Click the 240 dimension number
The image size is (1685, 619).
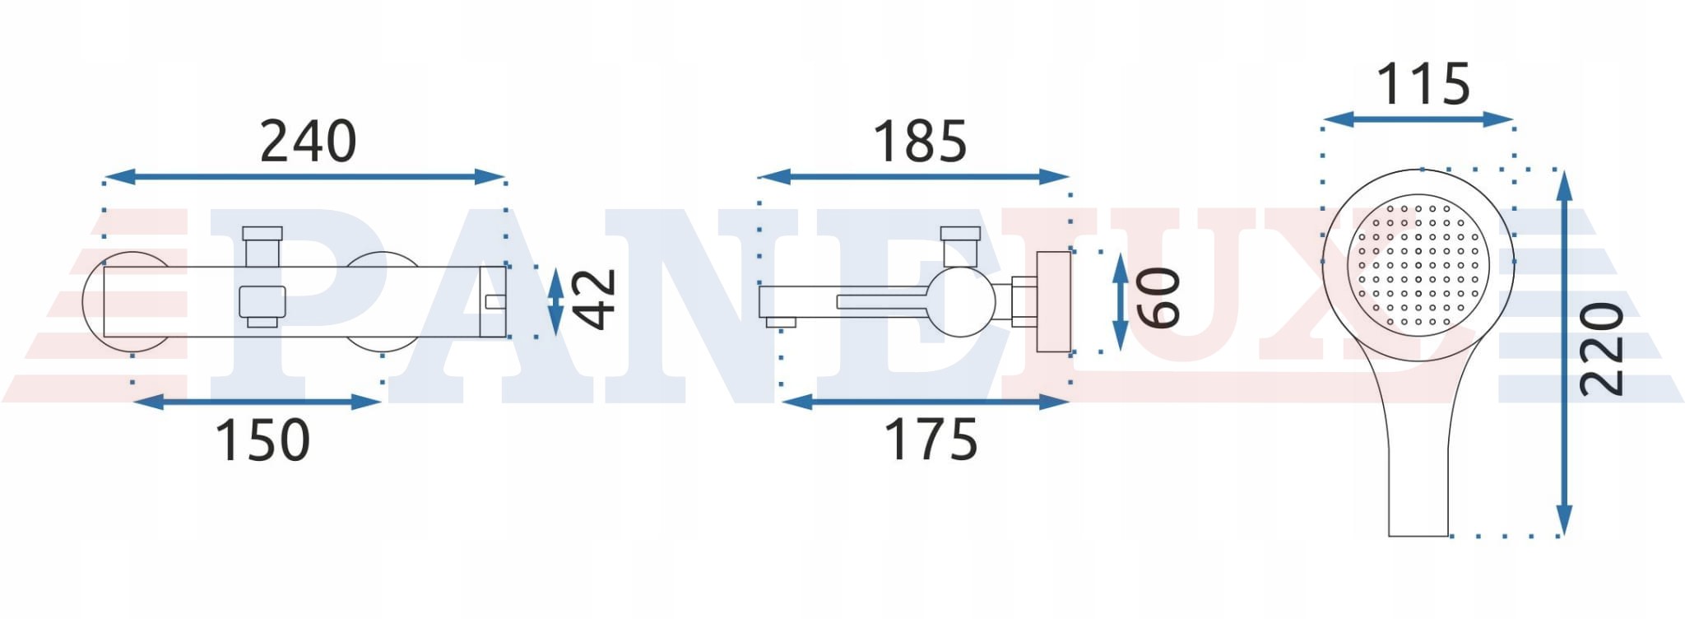pyautogui.click(x=309, y=142)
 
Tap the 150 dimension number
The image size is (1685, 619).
pyautogui.click(x=262, y=440)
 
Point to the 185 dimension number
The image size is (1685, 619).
pyautogui.click(x=920, y=142)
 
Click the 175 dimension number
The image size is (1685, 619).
pyautogui.click(x=931, y=440)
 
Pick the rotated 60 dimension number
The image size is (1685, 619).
pyautogui.click(x=1158, y=298)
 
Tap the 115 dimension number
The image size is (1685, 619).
pyautogui.click(x=1423, y=84)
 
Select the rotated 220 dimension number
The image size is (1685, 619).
pyautogui.click(x=1602, y=350)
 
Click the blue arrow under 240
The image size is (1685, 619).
pyautogui.click(x=304, y=177)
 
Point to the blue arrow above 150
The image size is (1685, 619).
pyautogui.click(x=257, y=402)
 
